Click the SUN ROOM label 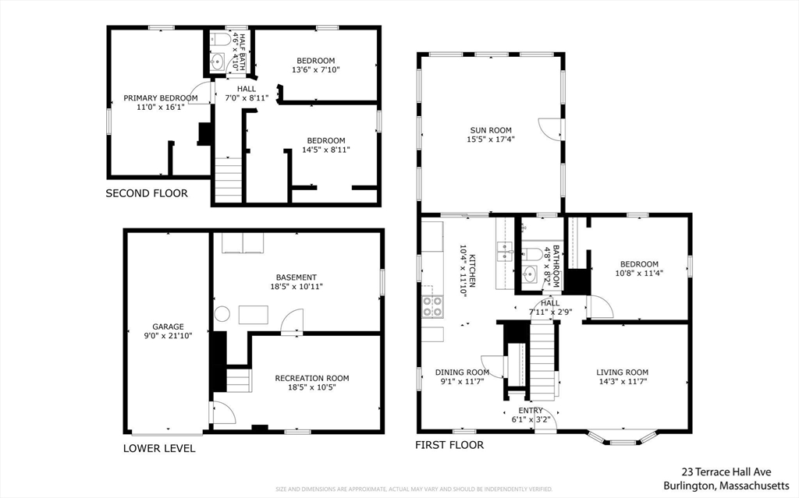[x=491, y=130]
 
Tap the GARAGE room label [x=169, y=327]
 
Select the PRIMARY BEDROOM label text [x=161, y=98]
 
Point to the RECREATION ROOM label [x=312, y=378]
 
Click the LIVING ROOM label [x=622, y=373]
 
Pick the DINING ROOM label [x=462, y=373]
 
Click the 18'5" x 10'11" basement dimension [x=297, y=287]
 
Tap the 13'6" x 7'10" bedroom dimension [x=316, y=70]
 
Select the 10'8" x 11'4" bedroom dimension [x=639, y=273]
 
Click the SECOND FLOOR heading [x=147, y=193]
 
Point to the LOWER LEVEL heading [x=159, y=449]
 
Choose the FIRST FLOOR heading [x=449, y=445]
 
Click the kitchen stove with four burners [x=432, y=306]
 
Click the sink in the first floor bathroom [x=530, y=274]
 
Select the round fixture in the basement [x=222, y=313]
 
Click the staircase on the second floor [x=228, y=180]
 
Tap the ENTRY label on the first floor [x=531, y=411]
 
